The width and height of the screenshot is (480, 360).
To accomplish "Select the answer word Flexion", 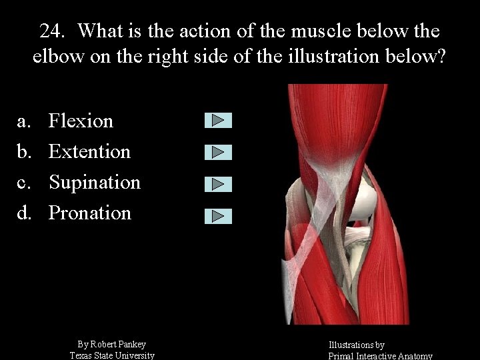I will tap(81, 121).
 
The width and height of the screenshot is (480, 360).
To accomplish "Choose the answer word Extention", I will tap(89, 151).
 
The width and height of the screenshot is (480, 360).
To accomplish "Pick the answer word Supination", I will tap(94, 182).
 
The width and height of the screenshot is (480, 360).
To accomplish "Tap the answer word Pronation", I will tap(89, 213).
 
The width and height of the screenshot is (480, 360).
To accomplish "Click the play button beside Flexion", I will tap(218, 121).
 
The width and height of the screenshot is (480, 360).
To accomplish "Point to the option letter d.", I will tap(24, 213).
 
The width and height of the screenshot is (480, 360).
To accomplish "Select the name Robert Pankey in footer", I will tap(119, 344).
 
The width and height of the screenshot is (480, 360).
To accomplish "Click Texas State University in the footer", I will tap(112, 355).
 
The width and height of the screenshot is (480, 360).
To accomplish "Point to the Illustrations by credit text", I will tap(356, 345).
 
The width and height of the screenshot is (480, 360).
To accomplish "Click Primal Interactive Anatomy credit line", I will tap(380, 356).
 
